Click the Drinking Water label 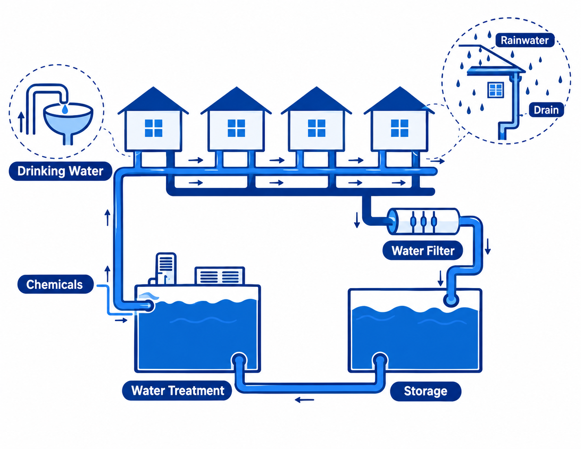[60, 171]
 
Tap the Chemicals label [55, 284]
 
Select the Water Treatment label [177, 390]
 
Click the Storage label [425, 391]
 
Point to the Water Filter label [423, 251]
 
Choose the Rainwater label [525, 40]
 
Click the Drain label [546, 110]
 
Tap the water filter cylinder [424, 222]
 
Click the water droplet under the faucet [65, 109]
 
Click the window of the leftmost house [153, 128]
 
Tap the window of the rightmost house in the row [399, 128]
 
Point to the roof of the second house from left [236, 101]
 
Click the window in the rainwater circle [496, 90]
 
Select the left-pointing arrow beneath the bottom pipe [304, 400]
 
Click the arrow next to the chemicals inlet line [121, 320]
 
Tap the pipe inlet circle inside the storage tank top [451, 300]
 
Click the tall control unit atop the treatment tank [166, 269]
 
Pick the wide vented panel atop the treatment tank [219, 275]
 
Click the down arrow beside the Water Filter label [488, 246]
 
